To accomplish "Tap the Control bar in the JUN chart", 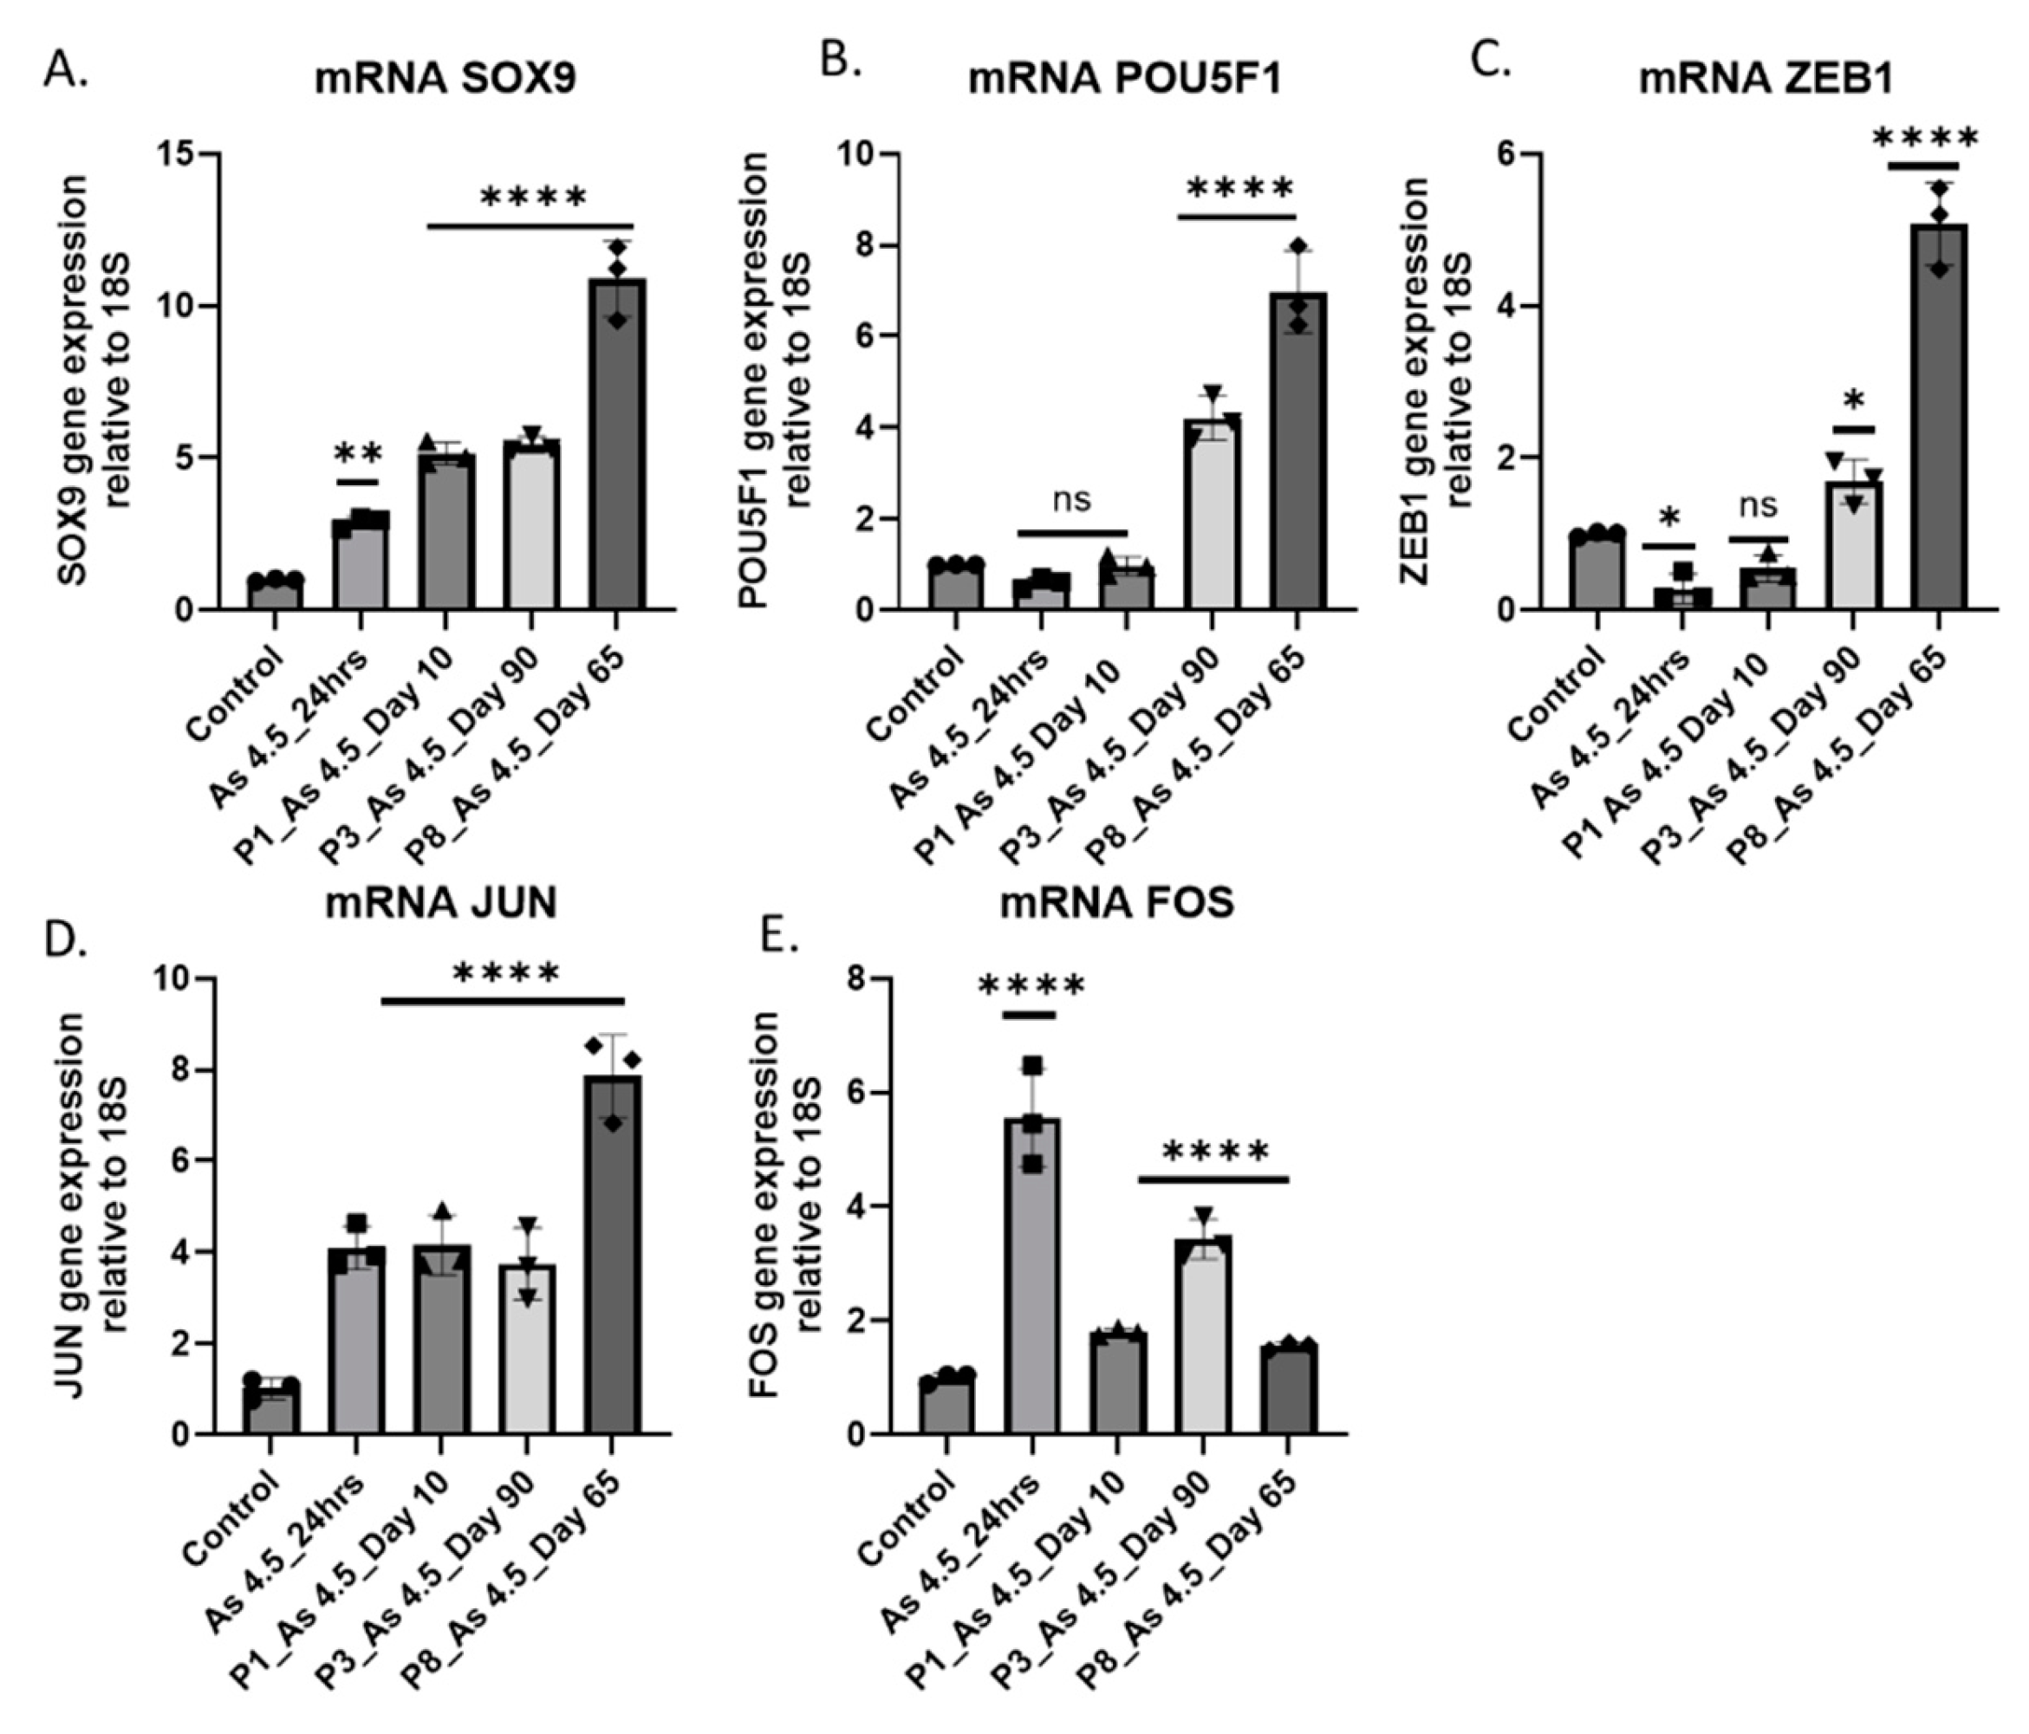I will (271, 1410).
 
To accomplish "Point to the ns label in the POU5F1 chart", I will (1071, 500).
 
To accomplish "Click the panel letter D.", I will (66, 937).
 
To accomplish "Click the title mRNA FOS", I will (1116, 903).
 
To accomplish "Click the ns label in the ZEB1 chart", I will (1759, 506).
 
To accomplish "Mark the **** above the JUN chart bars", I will (506, 973).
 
